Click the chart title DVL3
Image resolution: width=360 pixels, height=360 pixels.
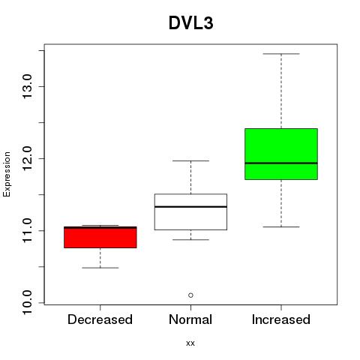pos(191,23)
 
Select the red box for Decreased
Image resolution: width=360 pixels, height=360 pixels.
pos(100,237)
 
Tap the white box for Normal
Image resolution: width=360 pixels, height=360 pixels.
pos(190,211)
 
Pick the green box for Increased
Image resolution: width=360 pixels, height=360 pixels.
pos(281,154)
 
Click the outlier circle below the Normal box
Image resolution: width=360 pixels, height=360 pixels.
pos(190,295)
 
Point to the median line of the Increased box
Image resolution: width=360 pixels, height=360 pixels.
pos(281,163)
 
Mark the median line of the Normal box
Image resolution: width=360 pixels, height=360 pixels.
pos(190,207)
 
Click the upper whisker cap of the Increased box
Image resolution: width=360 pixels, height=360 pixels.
pos(281,54)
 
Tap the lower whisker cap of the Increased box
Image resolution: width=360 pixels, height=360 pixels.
pos(281,226)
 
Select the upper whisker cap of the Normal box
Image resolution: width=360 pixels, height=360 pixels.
pos(190,160)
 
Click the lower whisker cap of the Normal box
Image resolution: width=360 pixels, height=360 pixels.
pos(190,239)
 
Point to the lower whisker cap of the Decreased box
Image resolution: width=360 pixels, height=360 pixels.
pos(100,268)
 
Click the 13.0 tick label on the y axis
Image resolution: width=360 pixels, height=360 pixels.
pos(27,86)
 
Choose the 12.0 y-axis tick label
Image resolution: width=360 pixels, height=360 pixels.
pos(27,158)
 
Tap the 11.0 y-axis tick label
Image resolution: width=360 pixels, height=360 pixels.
pos(27,230)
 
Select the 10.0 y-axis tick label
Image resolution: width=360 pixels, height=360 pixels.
pos(27,302)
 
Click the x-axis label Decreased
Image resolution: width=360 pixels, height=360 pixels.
pos(100,319)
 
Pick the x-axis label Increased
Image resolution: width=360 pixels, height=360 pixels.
pos(281,319)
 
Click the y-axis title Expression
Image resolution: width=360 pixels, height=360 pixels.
pos(7,174)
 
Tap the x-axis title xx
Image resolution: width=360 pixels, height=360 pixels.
pos(190,343)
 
